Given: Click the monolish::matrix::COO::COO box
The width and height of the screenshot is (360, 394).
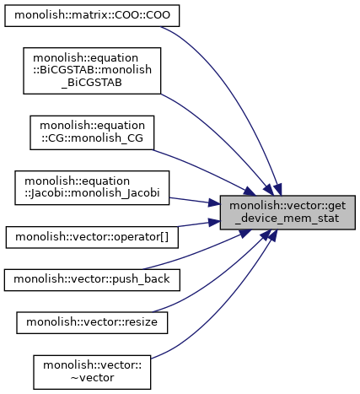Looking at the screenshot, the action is point(92,16).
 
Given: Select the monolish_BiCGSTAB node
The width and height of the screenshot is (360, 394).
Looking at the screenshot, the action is point(92,71).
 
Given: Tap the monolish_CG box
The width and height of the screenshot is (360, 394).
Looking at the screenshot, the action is point(92,132).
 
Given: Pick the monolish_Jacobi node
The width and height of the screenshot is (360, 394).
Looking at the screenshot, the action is point(92,187).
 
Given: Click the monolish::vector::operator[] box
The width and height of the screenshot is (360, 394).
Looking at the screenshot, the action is point(92,237).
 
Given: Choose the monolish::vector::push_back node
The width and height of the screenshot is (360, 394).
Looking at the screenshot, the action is point(92,280).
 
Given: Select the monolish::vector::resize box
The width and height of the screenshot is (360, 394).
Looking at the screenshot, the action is point(92,322).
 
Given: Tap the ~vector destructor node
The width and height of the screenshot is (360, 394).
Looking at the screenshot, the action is point(92,372).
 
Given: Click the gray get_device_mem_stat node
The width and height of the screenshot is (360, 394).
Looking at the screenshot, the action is point(287,213).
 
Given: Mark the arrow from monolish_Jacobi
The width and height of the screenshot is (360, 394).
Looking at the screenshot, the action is point(195,201).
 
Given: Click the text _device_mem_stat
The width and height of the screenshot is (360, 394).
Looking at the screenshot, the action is point(287,219).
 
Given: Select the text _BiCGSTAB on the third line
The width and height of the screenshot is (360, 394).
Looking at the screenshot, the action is point(92,83).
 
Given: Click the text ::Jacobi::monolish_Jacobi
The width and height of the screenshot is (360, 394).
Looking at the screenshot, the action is point(92,193).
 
